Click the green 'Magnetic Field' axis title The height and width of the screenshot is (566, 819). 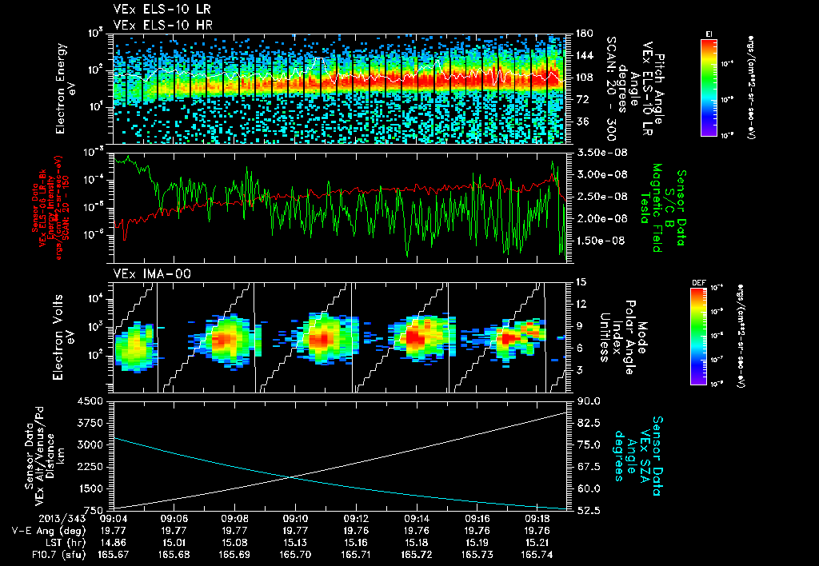657,208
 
